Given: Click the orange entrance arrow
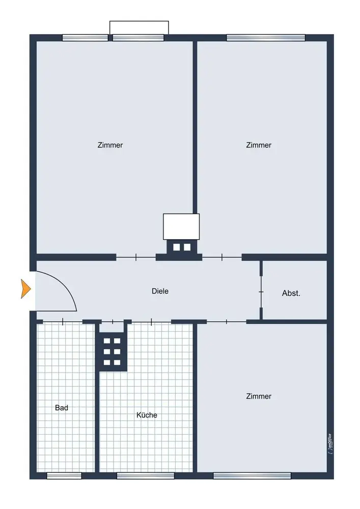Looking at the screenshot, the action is tap(25, 289).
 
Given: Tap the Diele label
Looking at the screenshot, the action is tap(160, 291).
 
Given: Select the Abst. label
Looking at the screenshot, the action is tap(291, 293).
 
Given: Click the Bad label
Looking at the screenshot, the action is tap(61, 408).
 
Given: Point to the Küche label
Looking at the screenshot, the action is tap(147, 415).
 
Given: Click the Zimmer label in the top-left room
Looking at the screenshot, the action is tap(110, 145).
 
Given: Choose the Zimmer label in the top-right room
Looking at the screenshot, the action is tap(259, 145).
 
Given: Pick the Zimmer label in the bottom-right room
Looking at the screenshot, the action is tap(259, 396).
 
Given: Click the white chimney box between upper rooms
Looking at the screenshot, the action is tap(181, 227).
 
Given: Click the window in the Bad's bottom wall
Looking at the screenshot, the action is tap(64, 475).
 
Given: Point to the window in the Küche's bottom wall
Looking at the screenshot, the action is tap(146, 475).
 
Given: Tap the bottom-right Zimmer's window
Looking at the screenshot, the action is tap(252, 475).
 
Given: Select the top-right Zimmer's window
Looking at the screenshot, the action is tap(265, 38).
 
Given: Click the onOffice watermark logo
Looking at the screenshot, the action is tap(330, 444).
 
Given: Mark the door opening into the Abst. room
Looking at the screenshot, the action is tap(261, 292).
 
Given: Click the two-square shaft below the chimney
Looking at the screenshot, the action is tap(182, 247).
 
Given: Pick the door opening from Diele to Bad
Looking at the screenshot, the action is tap(63, 322).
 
